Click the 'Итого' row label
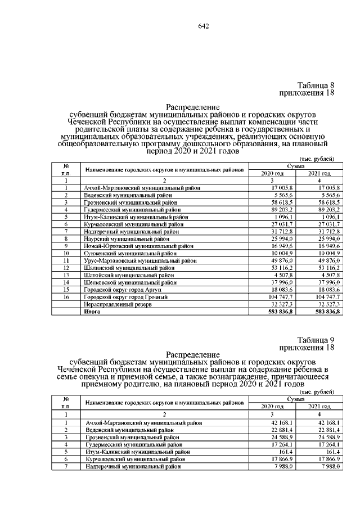[x=92, y=311]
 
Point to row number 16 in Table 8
[x=66, y=296]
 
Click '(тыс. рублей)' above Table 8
[x=318, y=159]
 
